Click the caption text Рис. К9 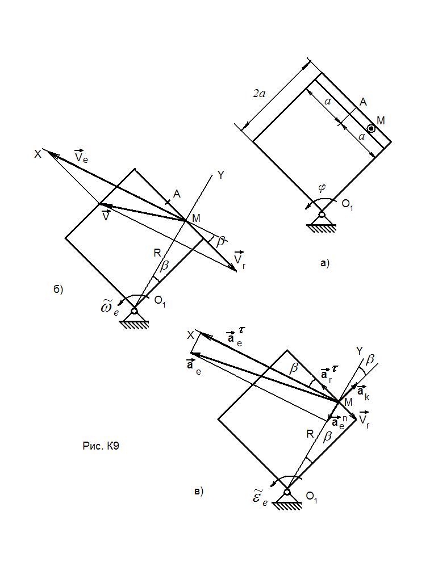[101, 446]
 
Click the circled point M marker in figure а [370, 128]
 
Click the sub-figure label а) [324, 263]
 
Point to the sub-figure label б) [58, 289]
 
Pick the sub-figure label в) [198, 492]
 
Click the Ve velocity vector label [81, 156]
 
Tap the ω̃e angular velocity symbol [109, 308]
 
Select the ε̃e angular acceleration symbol [260, 499]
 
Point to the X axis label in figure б [37, 154]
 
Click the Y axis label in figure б [221, 175]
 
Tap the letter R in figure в [310, 434]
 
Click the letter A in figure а [363, 102]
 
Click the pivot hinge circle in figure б [135, 311]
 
